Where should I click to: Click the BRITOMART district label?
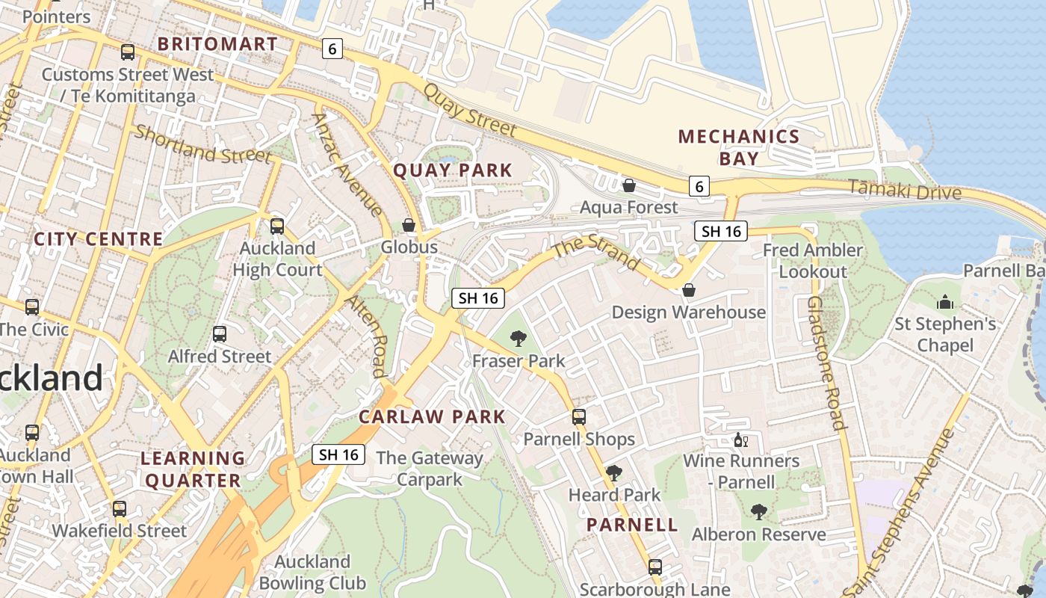tap(217, 44)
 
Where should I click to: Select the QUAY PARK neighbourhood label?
tap(453, 170)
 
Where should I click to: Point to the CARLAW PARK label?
tap(432, 417)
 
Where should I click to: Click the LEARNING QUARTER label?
tap(193, 469)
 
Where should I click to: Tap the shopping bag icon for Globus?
tap(409, 225)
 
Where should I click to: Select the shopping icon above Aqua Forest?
tap(629, 185)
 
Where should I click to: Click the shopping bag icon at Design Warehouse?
tap(688, 290)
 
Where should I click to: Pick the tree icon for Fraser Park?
tap(518, 339)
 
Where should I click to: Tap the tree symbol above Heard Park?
tap(613, 472)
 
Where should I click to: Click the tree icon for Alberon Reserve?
tap(758, 512)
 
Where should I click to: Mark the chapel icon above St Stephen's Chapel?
tap(945, 302)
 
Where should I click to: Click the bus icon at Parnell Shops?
tap(579, 417)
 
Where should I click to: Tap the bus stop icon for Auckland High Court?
tap(277, 226)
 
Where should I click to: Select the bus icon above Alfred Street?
tap(220, 334)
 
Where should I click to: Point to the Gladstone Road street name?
tap(826, 363)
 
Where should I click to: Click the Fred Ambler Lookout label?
tap(813, 261)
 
